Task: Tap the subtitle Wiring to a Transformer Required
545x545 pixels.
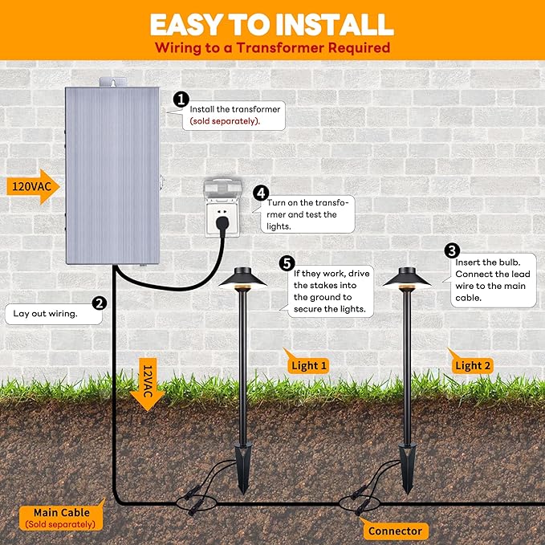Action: click(272, 47)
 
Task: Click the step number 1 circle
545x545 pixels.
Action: click(181, 100)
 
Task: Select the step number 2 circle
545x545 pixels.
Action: click(100, 303)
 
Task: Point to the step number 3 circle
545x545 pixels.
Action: click(452, 251)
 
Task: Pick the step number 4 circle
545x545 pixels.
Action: click(260, 193)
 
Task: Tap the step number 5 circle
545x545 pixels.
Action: click(287, 262)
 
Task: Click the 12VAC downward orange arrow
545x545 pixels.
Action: click(147, 384)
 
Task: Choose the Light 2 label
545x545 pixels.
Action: click(472, 365)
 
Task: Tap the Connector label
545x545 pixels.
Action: click(394, 531)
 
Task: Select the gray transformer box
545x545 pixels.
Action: click(112, 177)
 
